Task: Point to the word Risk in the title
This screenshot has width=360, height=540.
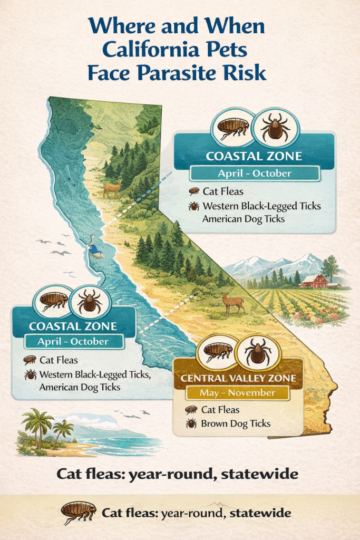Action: [x=248, y=72]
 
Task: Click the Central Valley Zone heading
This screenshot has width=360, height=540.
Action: [x=238, y=378]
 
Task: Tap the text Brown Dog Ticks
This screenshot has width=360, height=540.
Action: [x=236, y=423]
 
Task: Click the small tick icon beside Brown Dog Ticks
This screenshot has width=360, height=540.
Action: [x=191, y=423]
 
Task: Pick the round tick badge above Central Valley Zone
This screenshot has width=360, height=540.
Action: [x=258, y=352]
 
